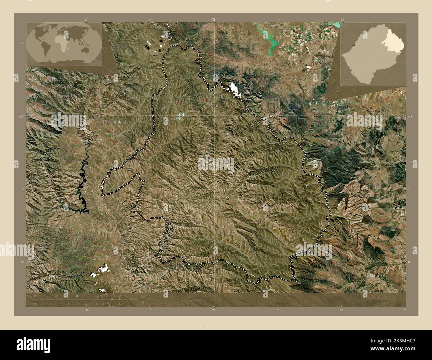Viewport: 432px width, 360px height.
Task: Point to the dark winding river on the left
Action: [x=83, y=186]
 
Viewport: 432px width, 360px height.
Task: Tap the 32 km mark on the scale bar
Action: [x=120, y=295]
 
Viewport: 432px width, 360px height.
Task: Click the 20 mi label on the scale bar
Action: [x=120, y=304]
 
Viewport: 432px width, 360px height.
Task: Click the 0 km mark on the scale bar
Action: [x=35, y=295]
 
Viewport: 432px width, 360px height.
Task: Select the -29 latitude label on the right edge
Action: [x=410, y=116]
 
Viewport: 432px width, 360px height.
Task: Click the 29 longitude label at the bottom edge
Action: [x=214, y=310]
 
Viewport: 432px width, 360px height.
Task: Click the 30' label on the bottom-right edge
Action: [x=342, y=310]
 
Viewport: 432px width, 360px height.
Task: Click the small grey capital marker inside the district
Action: [x=227, y=199]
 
